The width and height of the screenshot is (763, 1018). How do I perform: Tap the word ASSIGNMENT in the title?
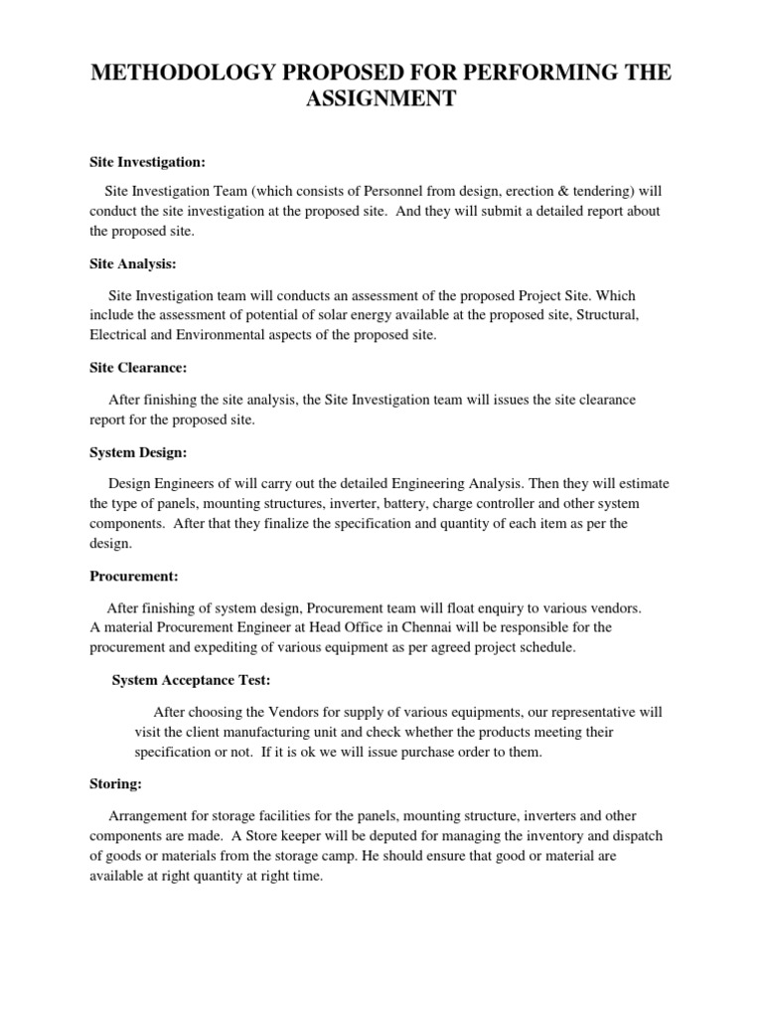point(381,99)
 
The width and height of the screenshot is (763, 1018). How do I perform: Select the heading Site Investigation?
point(147,161)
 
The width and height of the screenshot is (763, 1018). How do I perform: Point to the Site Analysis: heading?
point(132,264)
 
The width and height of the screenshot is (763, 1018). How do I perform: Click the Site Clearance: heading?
point(138,368)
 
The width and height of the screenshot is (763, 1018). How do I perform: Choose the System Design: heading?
point(138,452)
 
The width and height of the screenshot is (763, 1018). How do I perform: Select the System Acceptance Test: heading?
point(191,680)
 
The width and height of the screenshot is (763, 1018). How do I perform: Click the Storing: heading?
point(115,783)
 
